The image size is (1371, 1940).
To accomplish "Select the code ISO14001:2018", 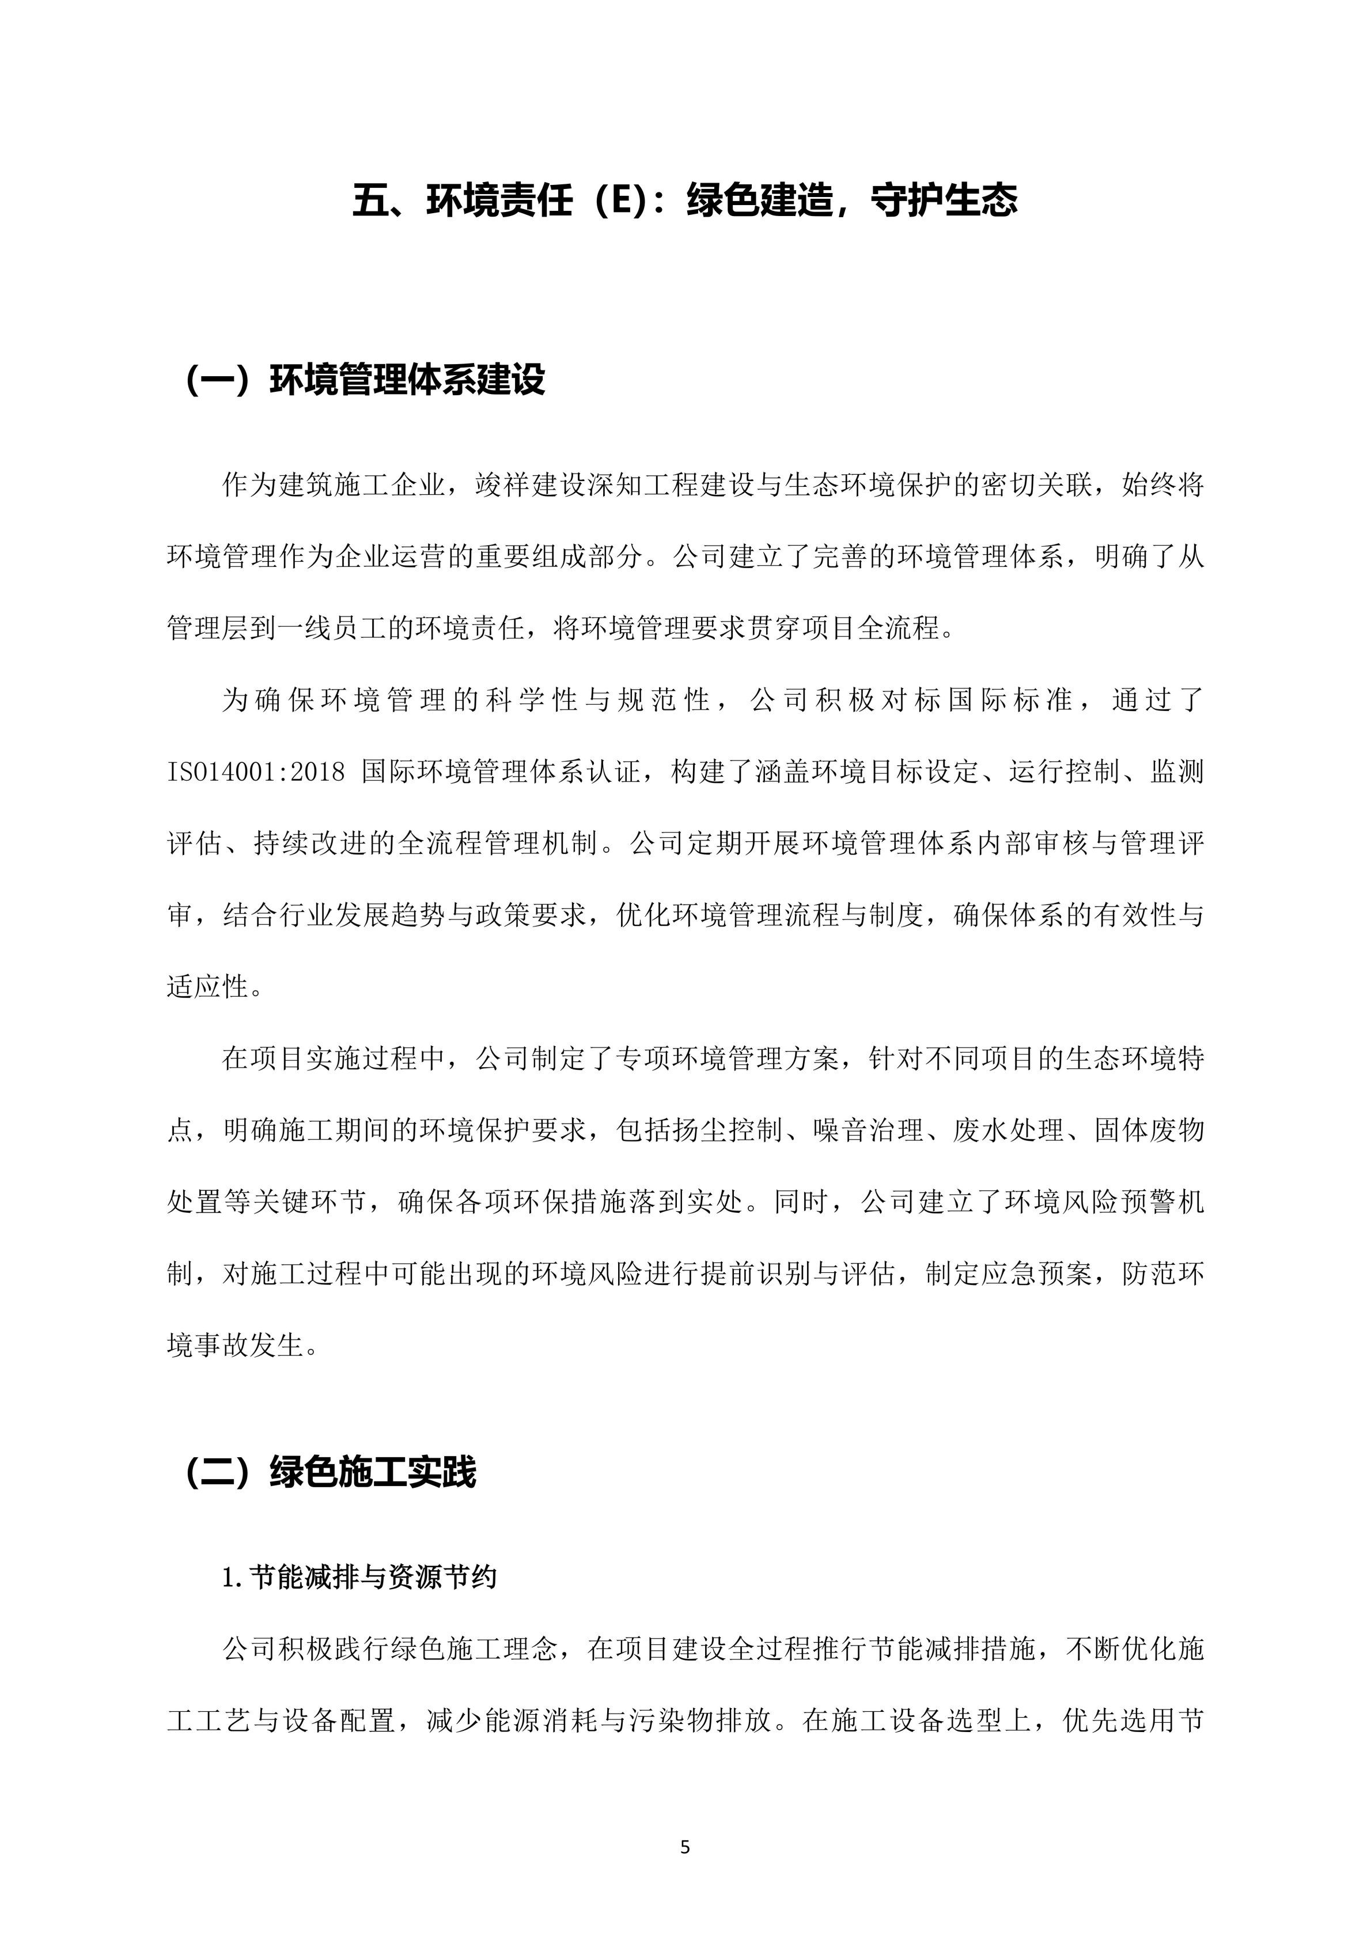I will (x=256, y=772).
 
